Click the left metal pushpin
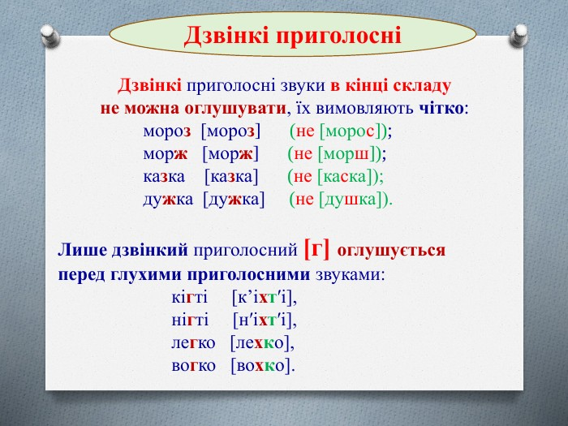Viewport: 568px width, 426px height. tap(49, 36)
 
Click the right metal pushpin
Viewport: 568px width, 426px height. tap(519, 35)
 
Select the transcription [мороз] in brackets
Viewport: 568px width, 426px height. tap(230, 131)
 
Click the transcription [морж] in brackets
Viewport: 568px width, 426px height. tap(230, 154)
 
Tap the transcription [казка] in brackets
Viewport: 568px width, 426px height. tap(231, 177)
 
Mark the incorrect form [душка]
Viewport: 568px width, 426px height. tap(348, 200)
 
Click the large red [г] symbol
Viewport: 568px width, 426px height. tap(317, 249)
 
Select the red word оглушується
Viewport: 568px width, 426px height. tap(391, 251)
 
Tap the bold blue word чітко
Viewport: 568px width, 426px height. tap(441, 108)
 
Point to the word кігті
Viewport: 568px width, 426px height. tap(189, 298)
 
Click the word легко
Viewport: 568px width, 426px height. tap(193, 343)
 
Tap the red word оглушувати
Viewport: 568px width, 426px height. tap(235, 109)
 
